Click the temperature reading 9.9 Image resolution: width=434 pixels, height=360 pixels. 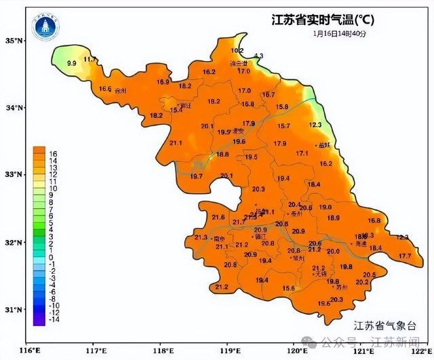pos(71,63)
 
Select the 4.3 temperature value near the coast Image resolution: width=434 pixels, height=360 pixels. pos(258,56)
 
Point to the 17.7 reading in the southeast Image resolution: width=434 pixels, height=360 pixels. pos(405,256)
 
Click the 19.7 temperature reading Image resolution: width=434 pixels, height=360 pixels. pos(197,176)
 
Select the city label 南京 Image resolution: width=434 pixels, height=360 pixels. pos(219,239)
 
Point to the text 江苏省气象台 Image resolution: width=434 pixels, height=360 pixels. pos(387,325)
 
